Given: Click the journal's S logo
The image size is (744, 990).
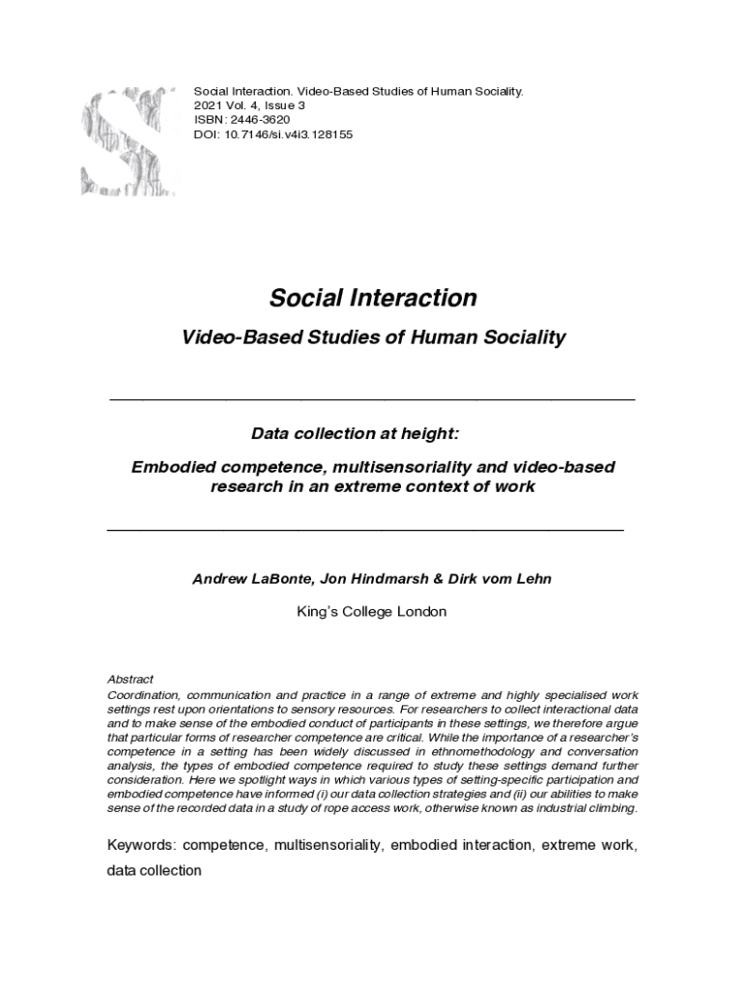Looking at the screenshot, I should click(128, 140).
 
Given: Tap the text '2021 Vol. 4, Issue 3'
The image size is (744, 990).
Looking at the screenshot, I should click(256, 105).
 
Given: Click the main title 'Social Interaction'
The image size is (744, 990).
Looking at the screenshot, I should click(373, 298).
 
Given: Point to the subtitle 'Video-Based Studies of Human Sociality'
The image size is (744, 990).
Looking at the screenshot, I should click(373, 337).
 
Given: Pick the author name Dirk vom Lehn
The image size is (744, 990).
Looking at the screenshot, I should click(500, 579).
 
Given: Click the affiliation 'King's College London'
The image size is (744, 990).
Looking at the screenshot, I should click(373, 612).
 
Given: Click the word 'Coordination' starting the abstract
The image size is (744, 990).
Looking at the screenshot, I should click(143, 696).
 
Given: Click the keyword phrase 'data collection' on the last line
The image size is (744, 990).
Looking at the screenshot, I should click(155, 870).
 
